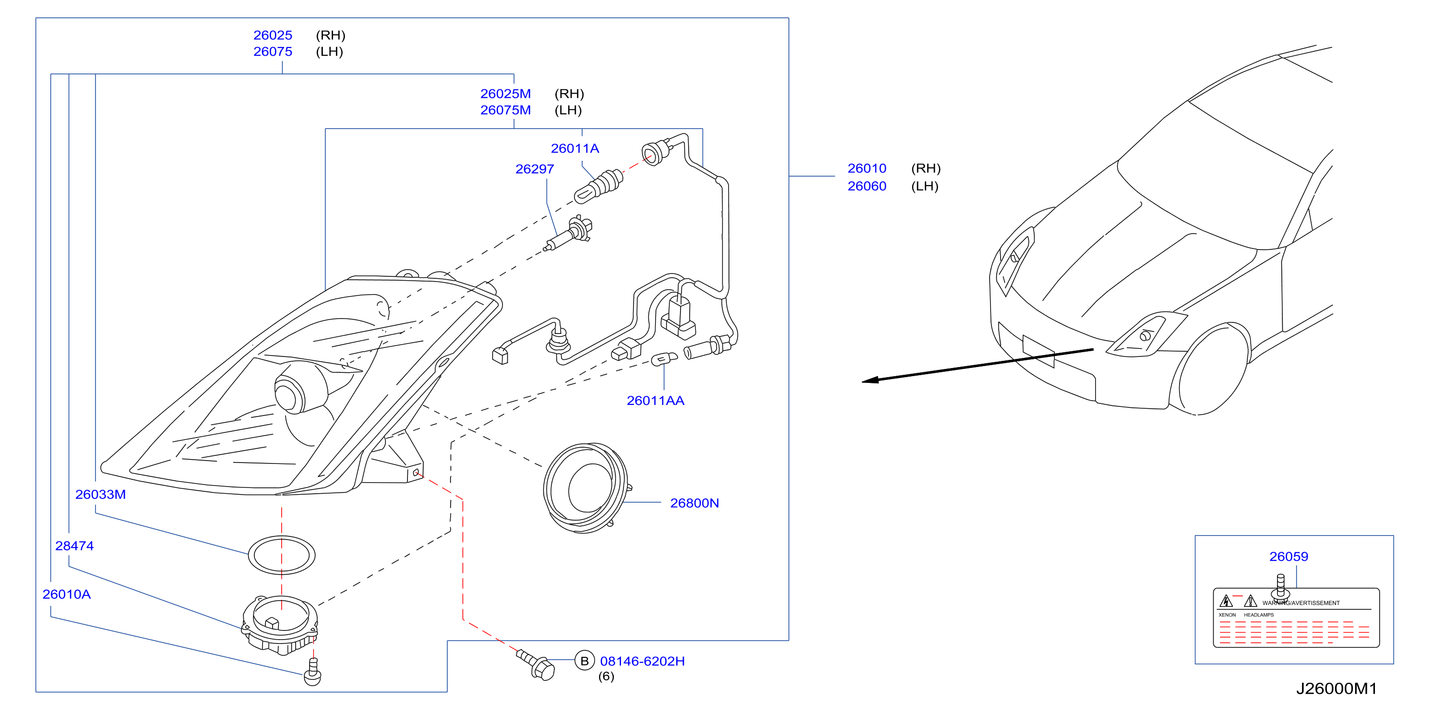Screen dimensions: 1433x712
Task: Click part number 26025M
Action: [x=505, y=94]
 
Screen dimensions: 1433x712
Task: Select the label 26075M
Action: [x=505, y=110]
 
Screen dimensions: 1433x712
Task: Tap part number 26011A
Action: [x=574, y=149]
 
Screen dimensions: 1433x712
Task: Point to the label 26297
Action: [x=535, y=169]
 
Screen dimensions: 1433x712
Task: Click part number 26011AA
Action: [x=655, y=401]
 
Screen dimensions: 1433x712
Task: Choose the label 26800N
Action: [x=694, y=503]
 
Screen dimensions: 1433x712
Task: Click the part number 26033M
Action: [x=101, y=495]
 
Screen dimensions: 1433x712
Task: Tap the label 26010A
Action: [x=67, y=594]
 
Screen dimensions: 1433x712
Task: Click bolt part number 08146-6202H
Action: [x=642, y=661]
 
